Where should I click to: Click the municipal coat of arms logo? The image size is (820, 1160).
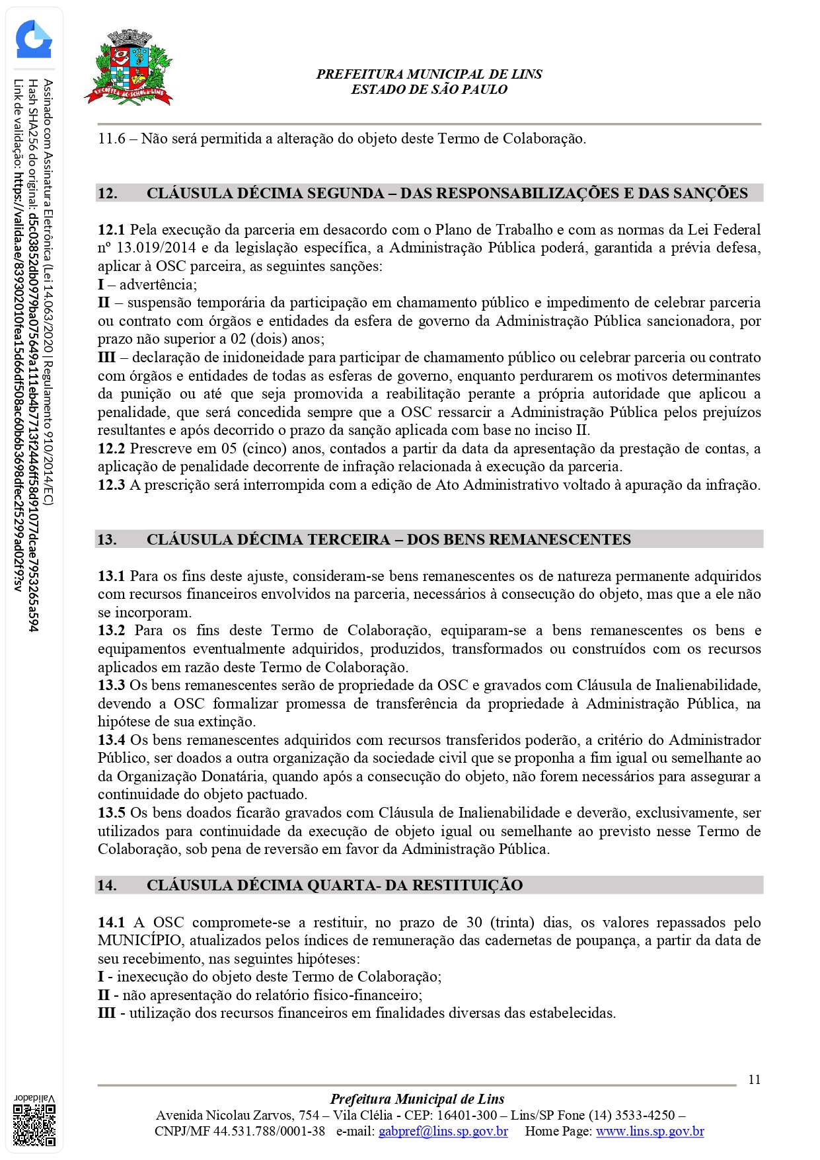click(129, 68)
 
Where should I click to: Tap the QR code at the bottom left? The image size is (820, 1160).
click(35, 1125)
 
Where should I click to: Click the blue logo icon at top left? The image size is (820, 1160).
click(34, 40)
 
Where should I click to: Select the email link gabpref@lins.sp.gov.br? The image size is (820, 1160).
click(443, 1131)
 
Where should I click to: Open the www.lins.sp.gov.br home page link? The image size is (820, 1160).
click(650, 1131)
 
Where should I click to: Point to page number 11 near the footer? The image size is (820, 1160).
click(754, 1079)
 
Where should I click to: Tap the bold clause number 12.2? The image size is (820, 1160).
click(111, 449)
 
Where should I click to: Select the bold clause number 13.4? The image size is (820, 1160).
click(111, 740)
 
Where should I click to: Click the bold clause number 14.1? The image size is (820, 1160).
click(111, 923)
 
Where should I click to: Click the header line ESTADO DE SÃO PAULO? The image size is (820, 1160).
click(429, 90)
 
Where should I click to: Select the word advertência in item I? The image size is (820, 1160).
click(157, 285)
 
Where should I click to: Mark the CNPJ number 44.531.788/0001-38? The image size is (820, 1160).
click(269, 1131)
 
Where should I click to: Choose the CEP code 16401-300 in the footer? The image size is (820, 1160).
click(466, 1115)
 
